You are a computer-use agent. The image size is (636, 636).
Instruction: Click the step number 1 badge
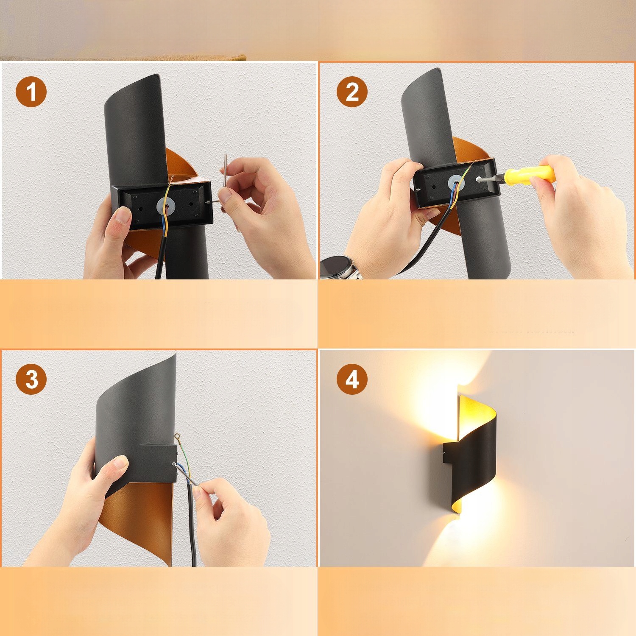click(31, 92)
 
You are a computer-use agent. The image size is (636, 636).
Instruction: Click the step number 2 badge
click(352, 92)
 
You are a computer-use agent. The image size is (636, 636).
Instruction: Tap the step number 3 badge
click(31, 379)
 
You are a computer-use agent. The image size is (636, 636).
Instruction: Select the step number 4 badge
click(352, 379)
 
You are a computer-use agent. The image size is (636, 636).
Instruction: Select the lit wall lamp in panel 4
click(471, 454)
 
